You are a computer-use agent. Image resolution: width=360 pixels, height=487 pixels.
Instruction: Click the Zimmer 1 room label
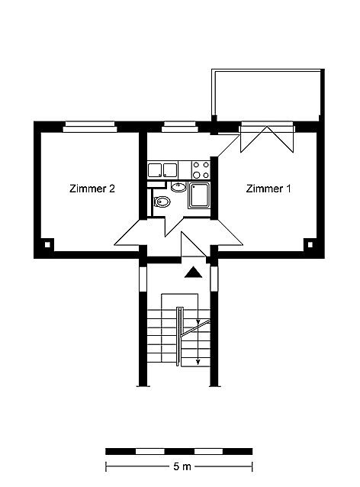tap(268, 189)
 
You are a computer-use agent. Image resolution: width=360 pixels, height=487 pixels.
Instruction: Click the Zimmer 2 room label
tap(92, 189)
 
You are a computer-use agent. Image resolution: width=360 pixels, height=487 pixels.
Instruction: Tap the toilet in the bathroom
tap(162, 202)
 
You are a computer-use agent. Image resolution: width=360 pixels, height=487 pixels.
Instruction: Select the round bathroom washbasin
tap(178, 187)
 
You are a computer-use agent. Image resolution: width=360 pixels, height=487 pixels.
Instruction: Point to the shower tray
tap(199, 195)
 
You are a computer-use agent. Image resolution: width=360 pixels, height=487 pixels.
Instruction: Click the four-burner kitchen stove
tap(201, 169)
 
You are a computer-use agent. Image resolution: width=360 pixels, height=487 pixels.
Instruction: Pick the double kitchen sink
tap(162, 170)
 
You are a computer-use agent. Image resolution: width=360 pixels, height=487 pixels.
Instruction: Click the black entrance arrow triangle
tap(193, 273)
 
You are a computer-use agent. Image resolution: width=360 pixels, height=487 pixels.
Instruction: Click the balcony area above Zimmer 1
tap(268, 94)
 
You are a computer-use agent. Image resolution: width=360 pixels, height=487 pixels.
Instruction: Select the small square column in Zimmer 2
tap(47, 245)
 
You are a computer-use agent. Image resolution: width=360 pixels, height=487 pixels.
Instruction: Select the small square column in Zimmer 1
tap(310, 245)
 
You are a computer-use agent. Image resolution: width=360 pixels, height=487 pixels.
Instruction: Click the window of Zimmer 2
tap(90, 127)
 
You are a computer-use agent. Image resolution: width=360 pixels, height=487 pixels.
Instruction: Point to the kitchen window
tap(181, 127)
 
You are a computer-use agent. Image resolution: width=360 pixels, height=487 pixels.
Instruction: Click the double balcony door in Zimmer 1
tap(267, 137)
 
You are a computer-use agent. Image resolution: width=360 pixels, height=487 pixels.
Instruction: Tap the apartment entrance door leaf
tap(194, 244)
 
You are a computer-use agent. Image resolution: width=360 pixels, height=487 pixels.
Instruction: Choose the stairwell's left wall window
tap(143, 279)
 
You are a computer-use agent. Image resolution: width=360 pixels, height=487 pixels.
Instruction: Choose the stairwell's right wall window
tap(214, 279)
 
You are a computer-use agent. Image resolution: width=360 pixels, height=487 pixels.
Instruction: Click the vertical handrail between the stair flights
tap(178, 336)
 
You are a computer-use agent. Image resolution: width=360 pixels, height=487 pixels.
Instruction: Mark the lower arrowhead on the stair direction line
tap(198, 362)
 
